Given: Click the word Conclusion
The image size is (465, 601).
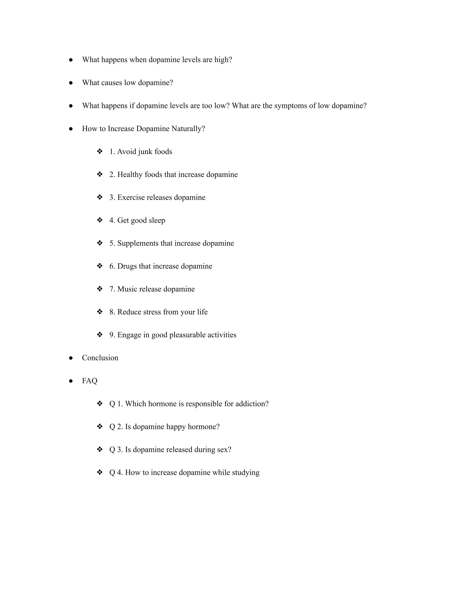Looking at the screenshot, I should pos(100,358).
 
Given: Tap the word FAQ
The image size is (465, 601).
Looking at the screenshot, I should pos(89,381).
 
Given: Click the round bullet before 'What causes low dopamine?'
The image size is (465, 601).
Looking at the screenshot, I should pos(71,83).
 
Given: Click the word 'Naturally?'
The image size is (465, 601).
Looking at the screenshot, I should pos(188,129).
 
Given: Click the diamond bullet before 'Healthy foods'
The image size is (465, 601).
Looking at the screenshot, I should pos(100,174).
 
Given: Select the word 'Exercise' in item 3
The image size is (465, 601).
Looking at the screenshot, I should pos(131,198).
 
